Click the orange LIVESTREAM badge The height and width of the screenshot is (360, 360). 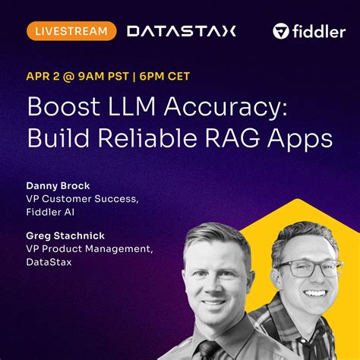(71, 31)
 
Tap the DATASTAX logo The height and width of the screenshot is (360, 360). (182, 31)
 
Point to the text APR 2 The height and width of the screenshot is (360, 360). (48, 76)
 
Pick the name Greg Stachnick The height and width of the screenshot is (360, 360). (65, 236)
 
